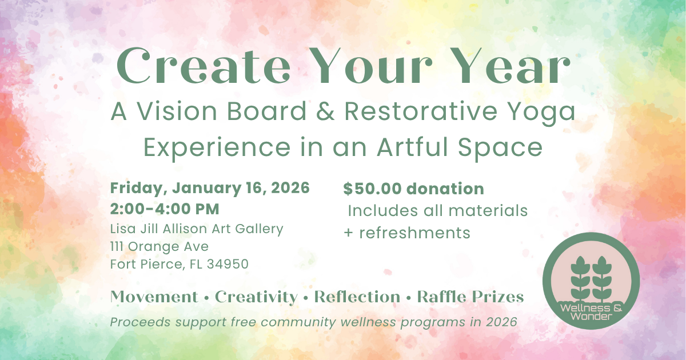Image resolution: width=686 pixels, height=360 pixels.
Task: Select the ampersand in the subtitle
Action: point(325,112)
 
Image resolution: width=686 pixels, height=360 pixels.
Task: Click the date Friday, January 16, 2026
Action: point(210,187)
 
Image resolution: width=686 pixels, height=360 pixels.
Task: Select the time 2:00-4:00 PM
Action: point(165,209)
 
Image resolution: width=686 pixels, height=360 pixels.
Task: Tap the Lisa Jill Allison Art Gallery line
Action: point(197,229)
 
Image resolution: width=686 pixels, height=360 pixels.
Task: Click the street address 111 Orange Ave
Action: point(159,247)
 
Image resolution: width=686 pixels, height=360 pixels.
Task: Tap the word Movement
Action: point(154,297)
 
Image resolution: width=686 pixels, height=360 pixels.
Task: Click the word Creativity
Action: point(256,297)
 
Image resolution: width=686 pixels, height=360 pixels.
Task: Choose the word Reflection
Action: point(357,297)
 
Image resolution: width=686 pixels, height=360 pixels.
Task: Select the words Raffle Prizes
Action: point(470,297)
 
